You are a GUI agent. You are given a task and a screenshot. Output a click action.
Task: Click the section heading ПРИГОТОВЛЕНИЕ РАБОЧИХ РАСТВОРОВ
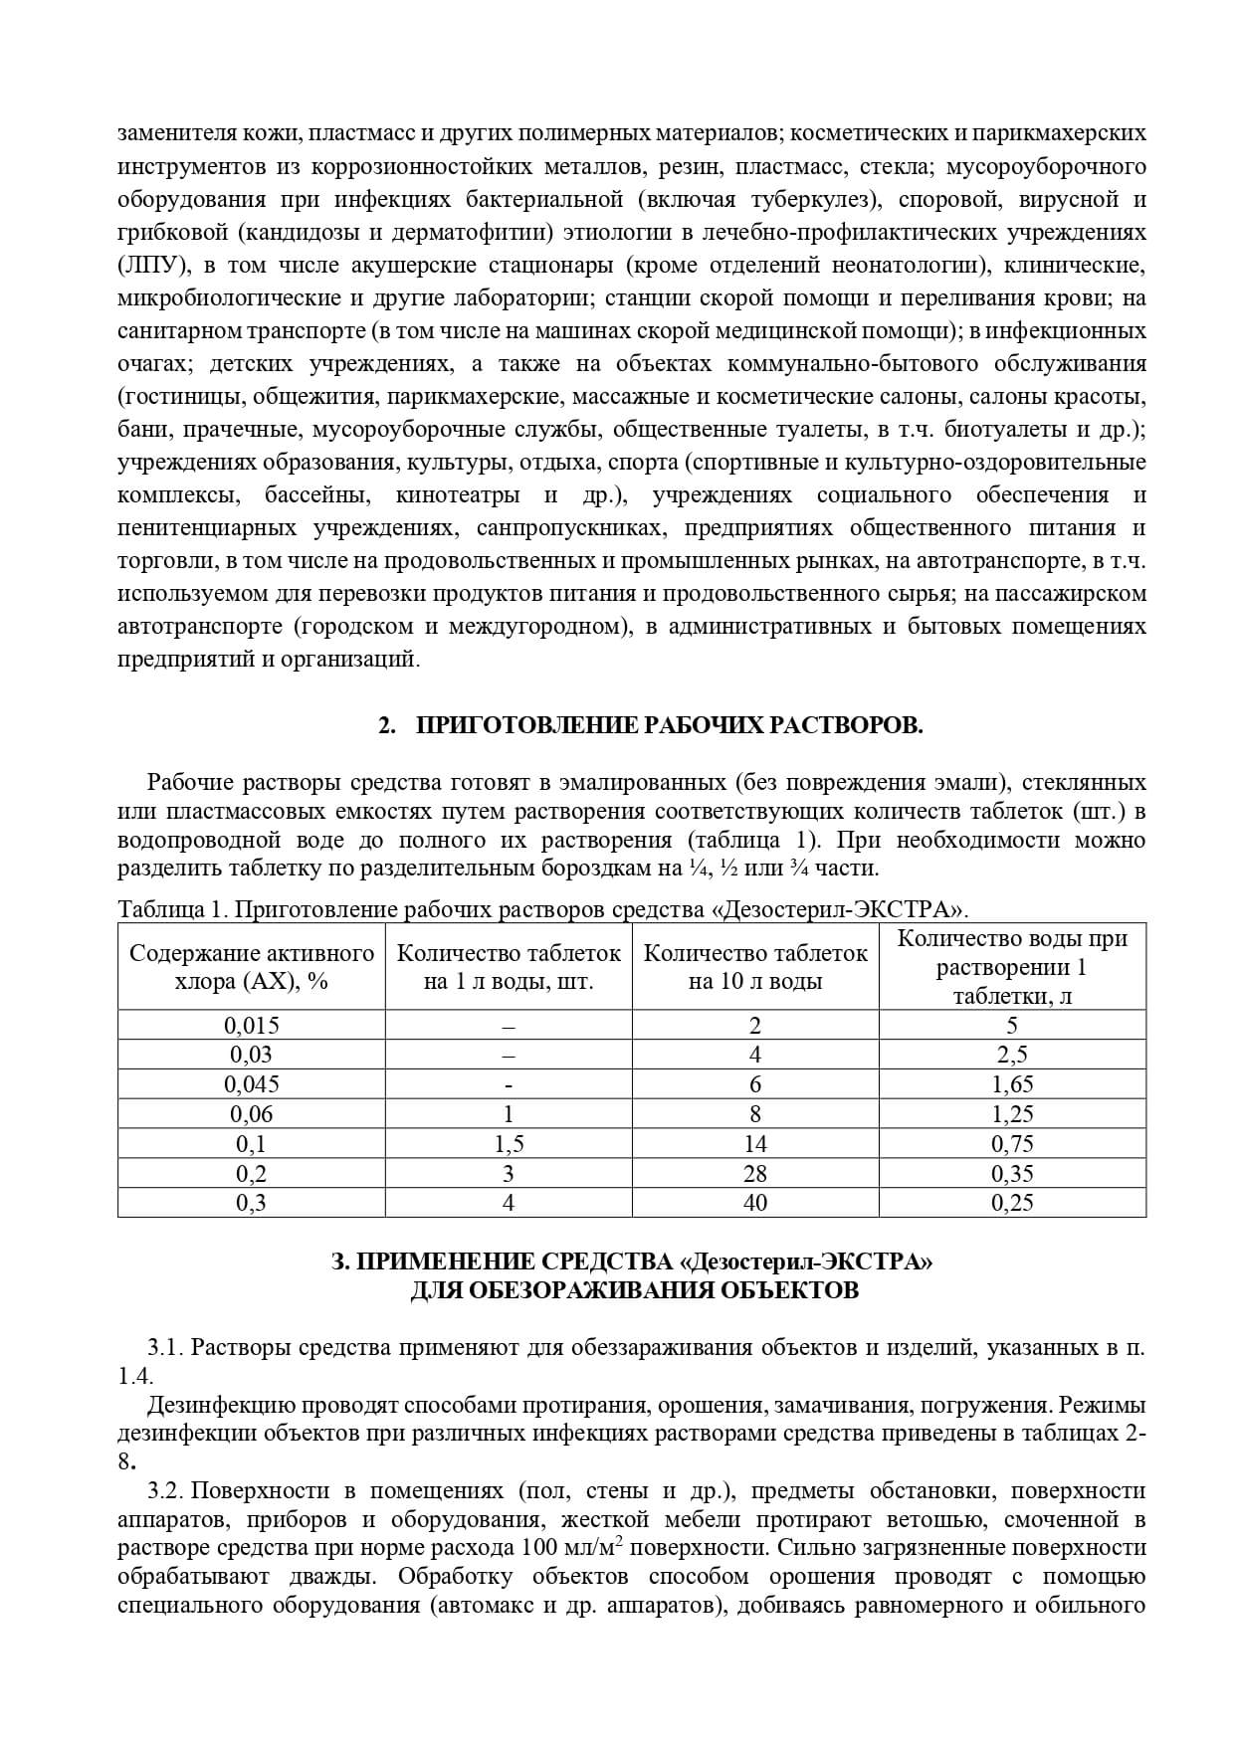tap(668, 725)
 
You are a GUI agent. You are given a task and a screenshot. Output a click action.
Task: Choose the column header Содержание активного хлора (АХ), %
tap(252, 967)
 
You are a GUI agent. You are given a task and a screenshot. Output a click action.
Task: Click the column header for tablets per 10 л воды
tap(755, 967)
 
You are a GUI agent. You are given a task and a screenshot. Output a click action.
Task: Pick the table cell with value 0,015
tap(252, 1026)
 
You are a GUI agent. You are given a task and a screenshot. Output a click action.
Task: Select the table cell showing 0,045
tap(252, 1084)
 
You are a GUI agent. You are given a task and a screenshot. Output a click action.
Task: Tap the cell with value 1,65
tap(1012, 1084)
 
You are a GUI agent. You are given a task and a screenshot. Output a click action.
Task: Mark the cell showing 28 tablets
tap(755, 1173)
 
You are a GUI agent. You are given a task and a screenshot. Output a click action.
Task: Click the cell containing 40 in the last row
tap(755, 1203)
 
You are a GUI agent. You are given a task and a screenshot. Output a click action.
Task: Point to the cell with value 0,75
tap(1012, 1144)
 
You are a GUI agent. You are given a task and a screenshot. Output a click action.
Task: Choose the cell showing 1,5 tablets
tap(509, 1144)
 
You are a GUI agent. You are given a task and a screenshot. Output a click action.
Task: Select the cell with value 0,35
tap(1012, 1173)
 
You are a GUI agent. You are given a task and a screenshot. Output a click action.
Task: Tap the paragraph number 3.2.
tap(165, 1491)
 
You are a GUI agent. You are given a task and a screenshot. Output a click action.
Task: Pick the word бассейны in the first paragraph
tap(317, 494)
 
